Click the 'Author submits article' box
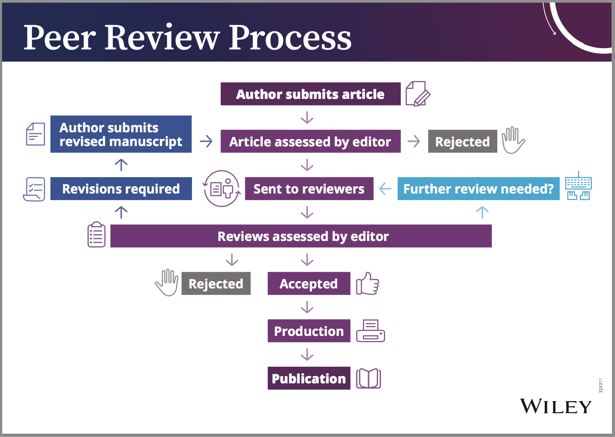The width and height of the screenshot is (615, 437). coord(310,94)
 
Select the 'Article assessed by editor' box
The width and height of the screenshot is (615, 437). coord(310,141)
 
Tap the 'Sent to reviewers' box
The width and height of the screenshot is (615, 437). coord(309,189)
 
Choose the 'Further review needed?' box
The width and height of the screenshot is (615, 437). coord(478,189)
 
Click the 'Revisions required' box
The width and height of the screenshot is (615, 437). coord(121,189)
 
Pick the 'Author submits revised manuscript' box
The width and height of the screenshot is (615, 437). coord(121,134)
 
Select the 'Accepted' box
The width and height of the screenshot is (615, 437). coord(309,283)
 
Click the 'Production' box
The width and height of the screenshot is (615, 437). coord(309,331)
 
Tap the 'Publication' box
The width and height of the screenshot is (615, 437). coord(309,378)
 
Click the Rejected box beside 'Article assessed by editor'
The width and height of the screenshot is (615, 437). coord(462,141)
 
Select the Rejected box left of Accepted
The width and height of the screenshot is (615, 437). coord(216,283)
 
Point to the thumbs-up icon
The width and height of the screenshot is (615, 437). coord(367,284)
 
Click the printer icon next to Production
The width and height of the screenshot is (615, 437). coord(370,331)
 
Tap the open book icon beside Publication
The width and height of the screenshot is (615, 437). coord(368,379)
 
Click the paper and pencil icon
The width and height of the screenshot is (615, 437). coord(418,94)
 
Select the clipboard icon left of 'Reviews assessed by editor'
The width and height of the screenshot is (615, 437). coord(96,235)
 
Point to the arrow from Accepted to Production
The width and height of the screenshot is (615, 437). coord(307,307)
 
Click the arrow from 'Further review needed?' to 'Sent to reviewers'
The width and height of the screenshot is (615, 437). coord(385,189)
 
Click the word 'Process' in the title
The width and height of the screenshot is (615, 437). coord(290,38)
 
